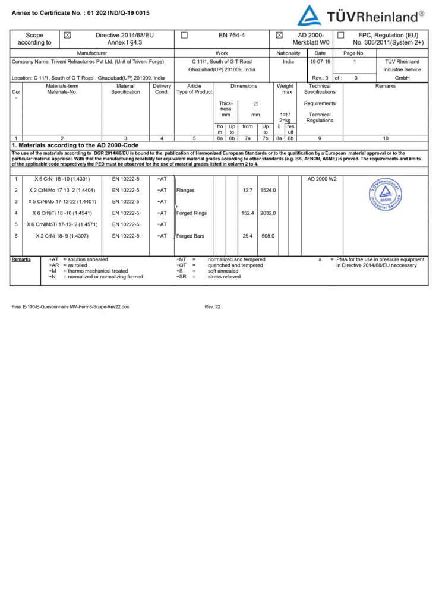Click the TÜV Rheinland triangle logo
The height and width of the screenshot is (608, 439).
coord(309,15)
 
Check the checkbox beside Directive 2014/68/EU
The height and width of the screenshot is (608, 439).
coord(67,35)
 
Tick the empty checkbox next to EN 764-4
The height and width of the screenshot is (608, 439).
coord(184,35)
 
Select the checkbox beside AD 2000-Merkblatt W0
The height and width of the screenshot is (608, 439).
coord(279,35)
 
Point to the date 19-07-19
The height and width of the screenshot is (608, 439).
coord(320,61)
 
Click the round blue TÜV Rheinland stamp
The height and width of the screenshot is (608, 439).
coord(384,196)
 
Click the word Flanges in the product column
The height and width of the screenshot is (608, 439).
coord(185,191)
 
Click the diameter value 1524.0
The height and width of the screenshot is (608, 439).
coord(268,191)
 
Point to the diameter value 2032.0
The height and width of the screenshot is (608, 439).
coord(268,213)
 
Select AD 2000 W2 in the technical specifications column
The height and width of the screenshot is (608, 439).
coord(322,179)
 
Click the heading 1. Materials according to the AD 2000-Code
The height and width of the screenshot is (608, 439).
coord(75,145)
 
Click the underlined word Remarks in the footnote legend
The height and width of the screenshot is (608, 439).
coord(21,259)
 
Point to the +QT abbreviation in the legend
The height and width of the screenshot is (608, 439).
coord(182,265)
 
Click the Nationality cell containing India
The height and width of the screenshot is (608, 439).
coord(288,61)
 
